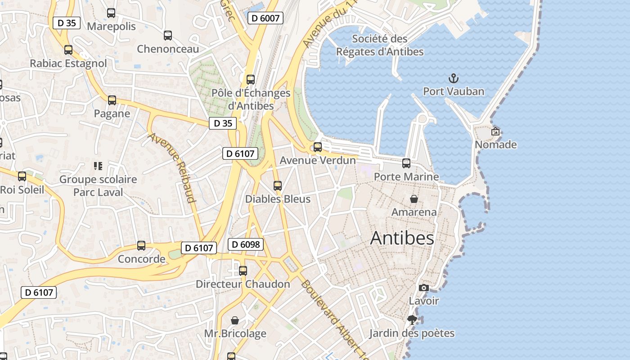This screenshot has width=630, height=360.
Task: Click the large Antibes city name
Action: coord(402,238)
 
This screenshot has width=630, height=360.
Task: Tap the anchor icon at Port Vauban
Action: coord(453,79)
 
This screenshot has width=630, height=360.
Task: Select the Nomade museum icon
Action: coord(495,132)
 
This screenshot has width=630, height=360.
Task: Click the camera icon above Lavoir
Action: coord(423,288)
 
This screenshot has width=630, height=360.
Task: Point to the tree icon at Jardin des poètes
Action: coord(411,320)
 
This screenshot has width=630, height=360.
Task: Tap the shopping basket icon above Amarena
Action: coord(414,199)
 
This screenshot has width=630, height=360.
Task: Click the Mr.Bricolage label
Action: coord(235,333)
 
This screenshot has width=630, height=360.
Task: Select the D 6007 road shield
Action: coord(265,18)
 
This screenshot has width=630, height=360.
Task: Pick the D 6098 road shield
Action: coord(245,244)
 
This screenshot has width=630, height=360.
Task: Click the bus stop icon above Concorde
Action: coord(141,246)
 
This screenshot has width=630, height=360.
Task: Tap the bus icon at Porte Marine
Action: coord(406,163)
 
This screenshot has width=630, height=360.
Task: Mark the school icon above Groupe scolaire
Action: coord(98,166)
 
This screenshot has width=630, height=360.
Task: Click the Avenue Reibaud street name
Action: coord(173,167)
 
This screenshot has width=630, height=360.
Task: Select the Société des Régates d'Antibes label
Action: coord(380,45)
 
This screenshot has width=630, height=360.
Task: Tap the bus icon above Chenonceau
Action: coord(168,36)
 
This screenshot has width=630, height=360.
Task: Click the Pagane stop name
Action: coord(112,114)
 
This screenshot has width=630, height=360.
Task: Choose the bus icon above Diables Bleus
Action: coord(278,186)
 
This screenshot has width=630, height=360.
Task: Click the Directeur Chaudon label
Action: coord(243,284)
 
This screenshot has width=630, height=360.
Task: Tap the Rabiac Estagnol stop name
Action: coord(68,63)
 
